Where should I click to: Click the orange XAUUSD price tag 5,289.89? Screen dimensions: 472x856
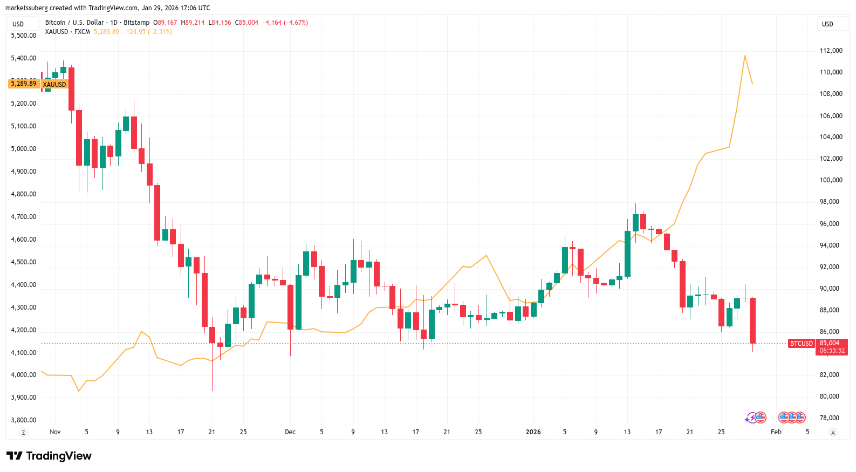[x=23, y=84]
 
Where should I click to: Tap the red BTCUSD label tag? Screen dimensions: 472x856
[x=801, y=344]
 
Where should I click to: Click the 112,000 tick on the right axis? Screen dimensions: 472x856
[x=831, y=51]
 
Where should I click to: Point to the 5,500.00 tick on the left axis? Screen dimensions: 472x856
[x=24, y=36]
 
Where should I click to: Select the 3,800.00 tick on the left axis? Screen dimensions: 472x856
[x=24, y=420]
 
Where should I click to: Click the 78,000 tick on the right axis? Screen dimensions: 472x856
[x=830, y=418]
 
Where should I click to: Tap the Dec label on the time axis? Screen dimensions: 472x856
[x=290, y=432]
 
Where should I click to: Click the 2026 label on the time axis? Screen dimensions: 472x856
[x=533, y=432]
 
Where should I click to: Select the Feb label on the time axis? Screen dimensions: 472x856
[x=776, y=432]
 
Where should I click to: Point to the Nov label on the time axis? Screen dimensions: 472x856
[x=55, y=432]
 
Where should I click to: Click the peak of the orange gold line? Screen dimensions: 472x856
[x=745, y=56]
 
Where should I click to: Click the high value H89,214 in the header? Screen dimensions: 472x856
[x=193, y=23]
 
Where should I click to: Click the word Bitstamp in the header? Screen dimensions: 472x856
[x=136, y=23]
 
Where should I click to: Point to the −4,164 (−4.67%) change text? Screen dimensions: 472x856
[x=285, y=23]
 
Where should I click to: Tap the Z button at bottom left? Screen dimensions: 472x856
[x=23, y=433]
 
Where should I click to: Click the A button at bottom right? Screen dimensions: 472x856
[x=833, y=433]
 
